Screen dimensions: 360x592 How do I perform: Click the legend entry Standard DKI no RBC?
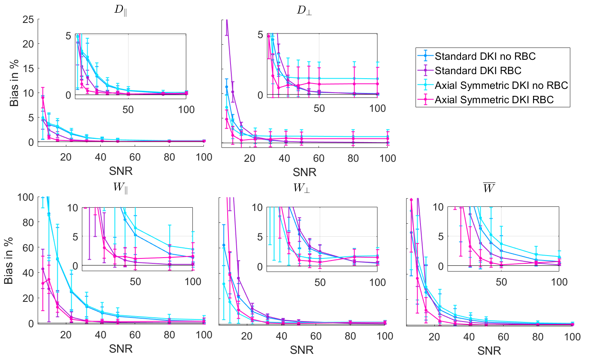coord(485,56)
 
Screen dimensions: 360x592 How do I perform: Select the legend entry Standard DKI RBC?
coord(478,70)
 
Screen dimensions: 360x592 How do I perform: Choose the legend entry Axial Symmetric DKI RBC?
coord(494,100)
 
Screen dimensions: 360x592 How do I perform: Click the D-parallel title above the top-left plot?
coord(120,10)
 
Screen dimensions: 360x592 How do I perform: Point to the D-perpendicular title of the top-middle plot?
coord(304,10)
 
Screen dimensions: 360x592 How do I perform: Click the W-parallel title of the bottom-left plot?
coord(120,188)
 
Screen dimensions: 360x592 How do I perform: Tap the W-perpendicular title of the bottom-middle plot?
coord(301,188)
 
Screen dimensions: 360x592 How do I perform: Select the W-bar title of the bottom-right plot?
coord(489,188)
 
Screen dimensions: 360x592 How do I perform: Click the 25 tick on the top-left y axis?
coord(28,19)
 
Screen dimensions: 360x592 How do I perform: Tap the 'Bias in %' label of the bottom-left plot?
coord(9,260)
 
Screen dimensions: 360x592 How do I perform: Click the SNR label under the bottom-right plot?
coord(489,351)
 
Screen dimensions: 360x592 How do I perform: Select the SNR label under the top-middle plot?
coord(305,172)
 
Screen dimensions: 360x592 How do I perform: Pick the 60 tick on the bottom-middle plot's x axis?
coord(316,336)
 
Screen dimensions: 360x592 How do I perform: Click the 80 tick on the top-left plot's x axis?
coord(169,158)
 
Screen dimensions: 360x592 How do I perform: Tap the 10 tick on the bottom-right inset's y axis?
coord(438,207)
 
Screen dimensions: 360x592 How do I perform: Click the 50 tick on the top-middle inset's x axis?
coord(319,109)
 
